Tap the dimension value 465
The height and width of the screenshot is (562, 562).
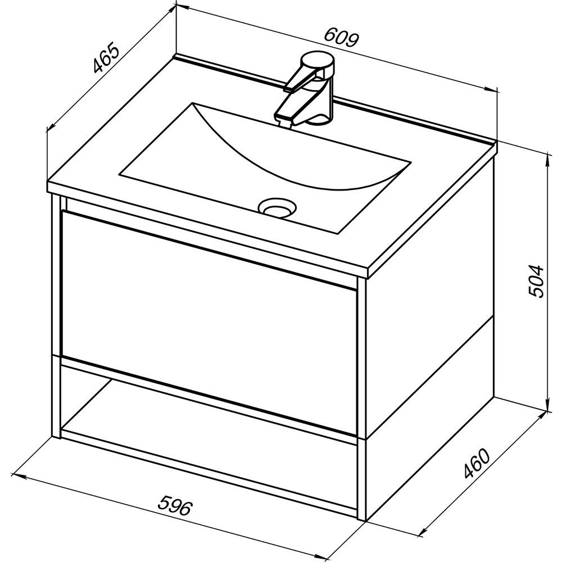click(x=106, y=58)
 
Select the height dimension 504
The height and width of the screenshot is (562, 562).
click(x=537, y=281)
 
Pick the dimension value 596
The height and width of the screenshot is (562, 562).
click(x=175, y=506)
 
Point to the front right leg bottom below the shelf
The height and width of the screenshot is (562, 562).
click(x=361, y=481)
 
